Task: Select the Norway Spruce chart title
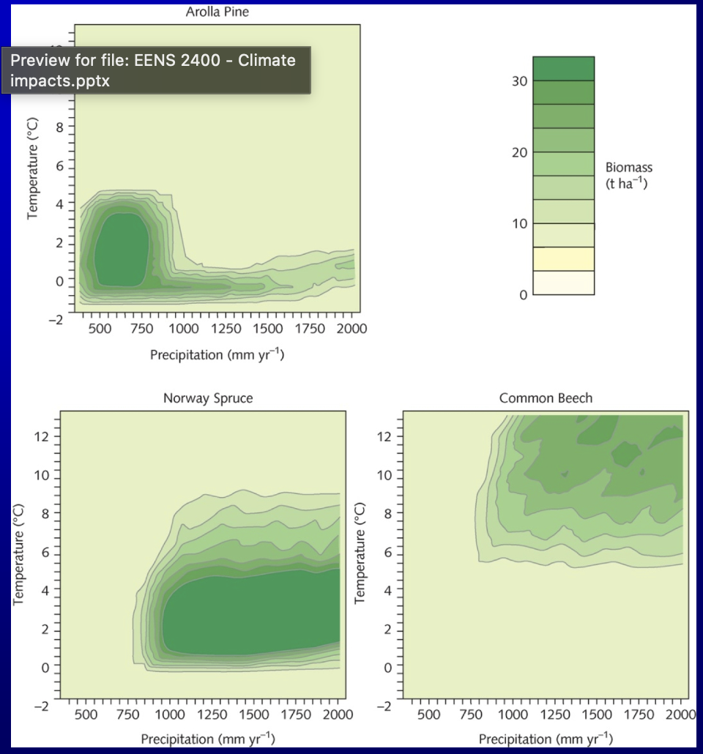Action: (x=208, y=398)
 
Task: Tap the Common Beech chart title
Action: (x=546, y=398)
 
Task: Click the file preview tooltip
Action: (x=156, y=70)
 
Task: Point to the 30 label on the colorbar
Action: (x=518, y=81)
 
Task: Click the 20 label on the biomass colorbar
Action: (x=518, y=152)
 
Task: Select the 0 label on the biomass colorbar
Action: (x=523, y=295)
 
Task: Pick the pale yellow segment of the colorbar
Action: (x=563, y=259)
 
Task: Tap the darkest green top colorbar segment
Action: (x=563, y=68)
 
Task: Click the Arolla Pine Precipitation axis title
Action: (x=217, y=355)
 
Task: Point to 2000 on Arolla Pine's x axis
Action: (x=352, y=329)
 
